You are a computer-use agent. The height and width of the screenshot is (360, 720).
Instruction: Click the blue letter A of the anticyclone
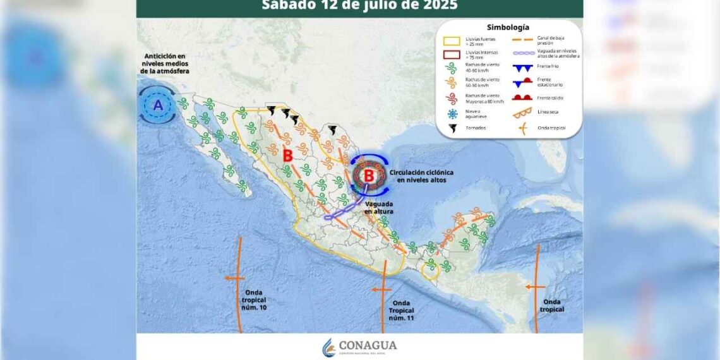point(158,105)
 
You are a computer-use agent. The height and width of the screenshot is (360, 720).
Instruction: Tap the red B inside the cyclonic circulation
point(369,176)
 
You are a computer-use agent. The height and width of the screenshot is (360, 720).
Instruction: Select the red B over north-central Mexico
point(287,155)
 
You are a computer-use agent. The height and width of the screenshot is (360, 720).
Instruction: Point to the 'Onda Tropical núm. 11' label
point(402,310)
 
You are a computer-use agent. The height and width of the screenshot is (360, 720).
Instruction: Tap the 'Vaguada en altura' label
point(378,208)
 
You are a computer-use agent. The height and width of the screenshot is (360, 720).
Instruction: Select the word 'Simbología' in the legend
point(508,27)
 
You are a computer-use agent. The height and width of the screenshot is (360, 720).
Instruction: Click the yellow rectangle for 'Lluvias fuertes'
point(452,41)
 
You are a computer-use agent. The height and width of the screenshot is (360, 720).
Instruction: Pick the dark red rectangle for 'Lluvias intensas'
point(452,54)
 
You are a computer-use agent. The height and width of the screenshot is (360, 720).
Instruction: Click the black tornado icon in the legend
point(452,128)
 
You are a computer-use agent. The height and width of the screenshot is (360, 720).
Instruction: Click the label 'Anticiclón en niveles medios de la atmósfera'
point(165,64)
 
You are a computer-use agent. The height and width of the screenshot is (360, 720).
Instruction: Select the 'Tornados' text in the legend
point(476,128)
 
